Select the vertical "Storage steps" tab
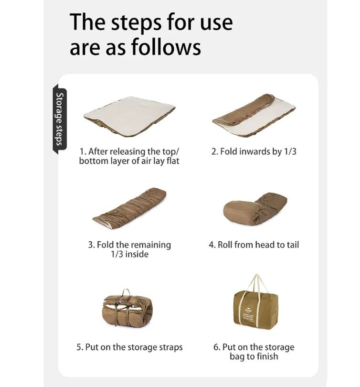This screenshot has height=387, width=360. [60, 119]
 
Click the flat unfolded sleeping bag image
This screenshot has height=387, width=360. [130, 116]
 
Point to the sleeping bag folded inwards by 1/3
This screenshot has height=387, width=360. [254, 115]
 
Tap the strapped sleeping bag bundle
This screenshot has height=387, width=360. [127, 309]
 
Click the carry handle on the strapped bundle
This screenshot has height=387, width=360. [126, 292]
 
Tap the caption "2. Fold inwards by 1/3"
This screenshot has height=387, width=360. [254, 151]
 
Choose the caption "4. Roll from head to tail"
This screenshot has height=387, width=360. [254, 245]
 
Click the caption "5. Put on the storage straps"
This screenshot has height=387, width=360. [129, 347]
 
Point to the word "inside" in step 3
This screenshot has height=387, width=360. [137, 254]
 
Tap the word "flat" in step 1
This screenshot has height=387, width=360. [173, 161]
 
